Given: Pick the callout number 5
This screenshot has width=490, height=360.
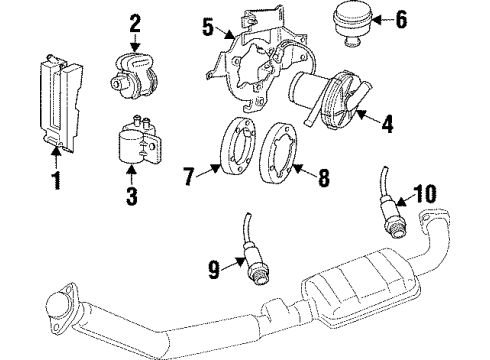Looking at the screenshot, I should [207, 29].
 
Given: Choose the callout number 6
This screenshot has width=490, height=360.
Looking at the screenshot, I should [402, 20].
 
